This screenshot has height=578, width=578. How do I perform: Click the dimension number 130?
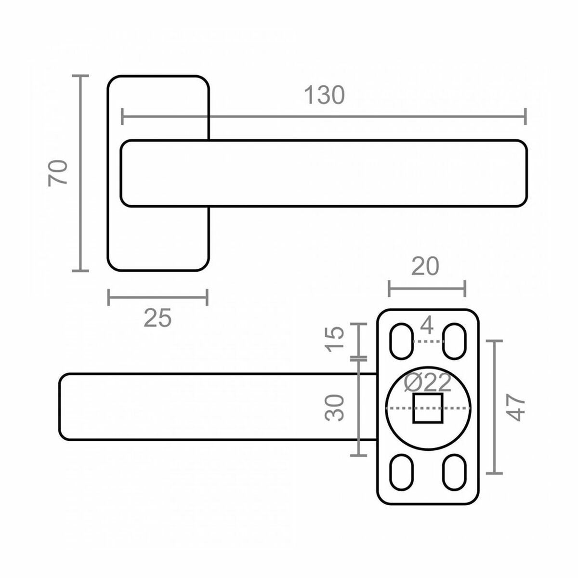[x=324, y=95]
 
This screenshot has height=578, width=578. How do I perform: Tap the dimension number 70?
[x=58, y=172]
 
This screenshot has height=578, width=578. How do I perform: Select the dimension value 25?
[x=158, y=318]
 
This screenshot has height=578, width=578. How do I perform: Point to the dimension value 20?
[x=426, y=266]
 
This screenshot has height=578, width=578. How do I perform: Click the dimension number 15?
[x=335, y=339]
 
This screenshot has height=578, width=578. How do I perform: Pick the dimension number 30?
[x=335, y=407]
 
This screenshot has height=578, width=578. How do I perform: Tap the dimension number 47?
[x=516, y=407]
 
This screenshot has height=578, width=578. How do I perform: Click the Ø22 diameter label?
[x=428, y=383]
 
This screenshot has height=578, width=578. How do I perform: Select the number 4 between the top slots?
[x=427, y=327]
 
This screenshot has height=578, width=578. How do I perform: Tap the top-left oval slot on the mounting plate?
[x=401, y=341]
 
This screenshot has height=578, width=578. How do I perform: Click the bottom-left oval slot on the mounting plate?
[x=401, y=473]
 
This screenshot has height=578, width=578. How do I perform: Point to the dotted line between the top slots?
[x=428, y=342]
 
